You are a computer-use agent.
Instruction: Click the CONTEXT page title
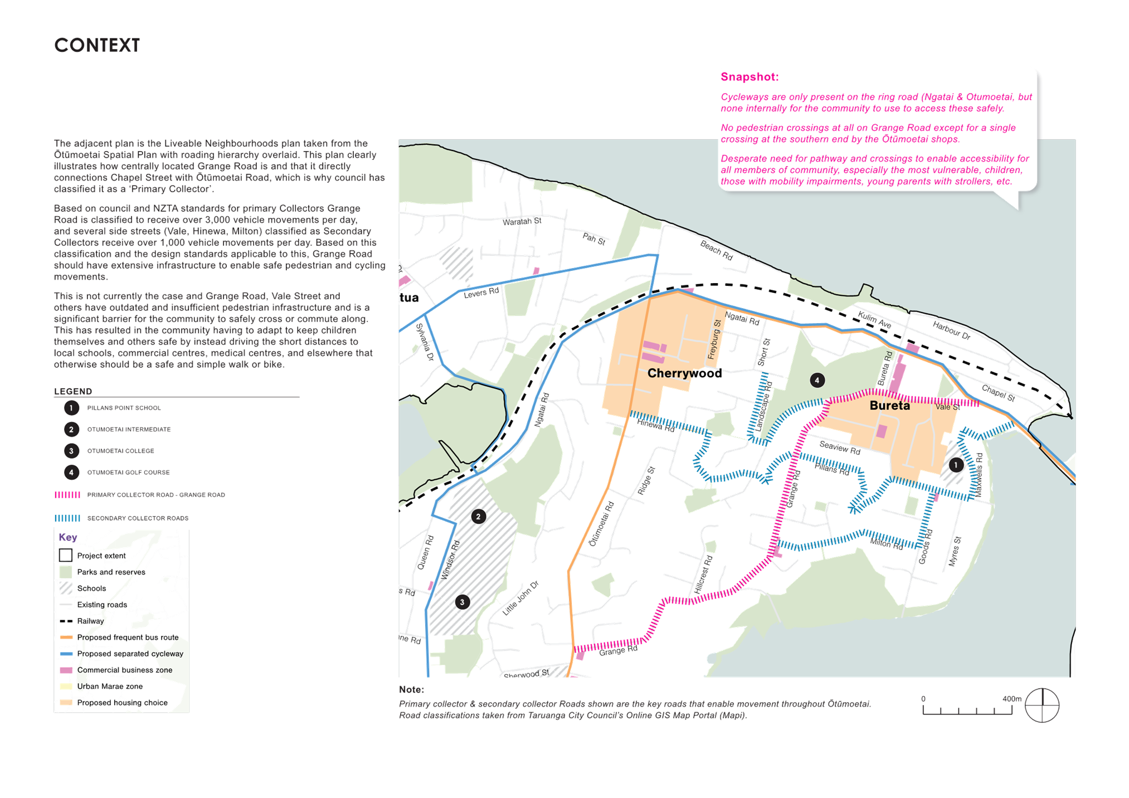[x=97, y=45]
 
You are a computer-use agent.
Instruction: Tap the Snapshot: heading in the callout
[x=750, y=77]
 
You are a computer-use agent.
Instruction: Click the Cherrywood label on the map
[x=684, y=373]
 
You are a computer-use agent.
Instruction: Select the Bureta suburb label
[x=889, y=406]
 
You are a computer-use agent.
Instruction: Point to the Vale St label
[x=947, y=407]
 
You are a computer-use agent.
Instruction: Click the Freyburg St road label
[x=714, y=339]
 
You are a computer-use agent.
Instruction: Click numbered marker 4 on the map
[x=817, y=381]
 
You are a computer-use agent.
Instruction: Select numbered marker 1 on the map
[x=956, y=464]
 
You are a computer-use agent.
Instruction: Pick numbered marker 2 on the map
[x=478, y=517]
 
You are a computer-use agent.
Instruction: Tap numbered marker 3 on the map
[x=462, y=602]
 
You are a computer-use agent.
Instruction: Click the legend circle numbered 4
[x=71, y=473]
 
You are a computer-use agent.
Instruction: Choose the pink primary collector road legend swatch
[x=67, y=495]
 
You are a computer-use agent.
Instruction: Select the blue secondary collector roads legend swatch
[x=67, y=518]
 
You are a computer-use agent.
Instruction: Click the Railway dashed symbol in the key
[x=66, y=621]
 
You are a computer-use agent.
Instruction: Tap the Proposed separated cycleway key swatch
[x=66, y=654]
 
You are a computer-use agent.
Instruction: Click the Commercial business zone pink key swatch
[x=66, y=670]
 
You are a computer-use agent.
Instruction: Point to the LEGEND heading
[x=73, y=391]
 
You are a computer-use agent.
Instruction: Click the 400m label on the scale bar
[x=1011, y=699]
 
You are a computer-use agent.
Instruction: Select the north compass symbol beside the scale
[x=1042, y=705]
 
